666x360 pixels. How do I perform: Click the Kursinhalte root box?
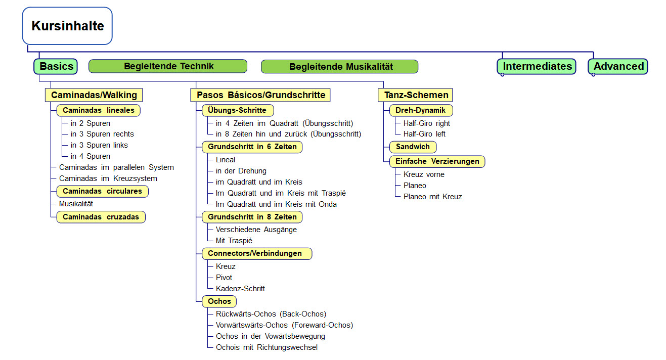pos(67,26)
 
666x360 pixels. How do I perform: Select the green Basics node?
pos(56,66)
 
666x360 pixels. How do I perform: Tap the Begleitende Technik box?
pos(168,66)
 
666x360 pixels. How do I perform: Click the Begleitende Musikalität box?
pos(339,67)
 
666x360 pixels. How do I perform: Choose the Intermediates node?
pos(537,66)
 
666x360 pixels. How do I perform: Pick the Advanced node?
pos(618,66)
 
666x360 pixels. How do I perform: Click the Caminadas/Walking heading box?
pos(94,95)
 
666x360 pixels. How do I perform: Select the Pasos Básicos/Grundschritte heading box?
pos(260,95)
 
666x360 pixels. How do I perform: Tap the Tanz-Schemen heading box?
pos(415,95)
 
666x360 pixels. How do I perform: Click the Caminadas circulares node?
pos(102,191)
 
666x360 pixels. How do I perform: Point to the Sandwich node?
pos(413,147)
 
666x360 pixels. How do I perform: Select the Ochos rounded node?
pos(219,301)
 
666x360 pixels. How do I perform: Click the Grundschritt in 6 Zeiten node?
pos(252,147)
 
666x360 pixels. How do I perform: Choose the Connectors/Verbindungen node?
pos(257,254)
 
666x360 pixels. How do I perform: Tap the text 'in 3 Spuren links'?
pos(99,145)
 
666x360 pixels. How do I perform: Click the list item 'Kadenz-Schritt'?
pos(240,289)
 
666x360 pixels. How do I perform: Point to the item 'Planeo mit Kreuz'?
pos(432,197)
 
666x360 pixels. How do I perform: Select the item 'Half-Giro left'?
pos(424,134)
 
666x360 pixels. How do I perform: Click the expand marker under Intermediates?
pos(503,75)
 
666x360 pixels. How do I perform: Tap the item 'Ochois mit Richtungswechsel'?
pos(267,347)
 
